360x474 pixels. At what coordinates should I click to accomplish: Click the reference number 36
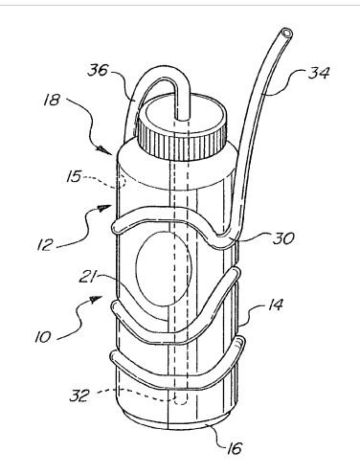pos(98,70)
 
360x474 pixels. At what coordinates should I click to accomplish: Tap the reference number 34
pos(319,73)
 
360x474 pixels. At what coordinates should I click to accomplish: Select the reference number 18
pos(53,100)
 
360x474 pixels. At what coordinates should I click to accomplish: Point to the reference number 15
pos(74,176)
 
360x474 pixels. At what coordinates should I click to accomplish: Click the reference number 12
pos(45,245)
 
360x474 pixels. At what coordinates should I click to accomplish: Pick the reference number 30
pos(283,237)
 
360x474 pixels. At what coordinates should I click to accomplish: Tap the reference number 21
pos(87,277)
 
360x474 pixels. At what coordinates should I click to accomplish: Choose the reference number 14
pos(275,305)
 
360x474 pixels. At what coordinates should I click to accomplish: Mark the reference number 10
pos(43,337)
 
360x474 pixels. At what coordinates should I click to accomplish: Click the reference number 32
pos(79,395)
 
